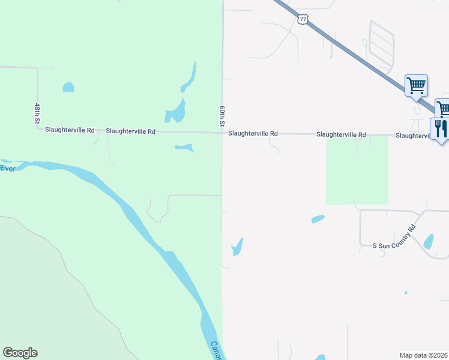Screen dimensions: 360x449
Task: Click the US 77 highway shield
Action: click(x=303, y=20)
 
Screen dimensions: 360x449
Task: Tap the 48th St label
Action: click(x=37, y=113)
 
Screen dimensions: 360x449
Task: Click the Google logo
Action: click(x=20, y=353)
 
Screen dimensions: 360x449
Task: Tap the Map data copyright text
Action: click(x=424, y=355)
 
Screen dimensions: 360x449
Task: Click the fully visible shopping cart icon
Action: click(x=416, y=85)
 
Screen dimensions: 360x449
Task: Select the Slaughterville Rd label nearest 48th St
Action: click(x=70, y=130)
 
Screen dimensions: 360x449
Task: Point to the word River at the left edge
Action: click(x=7, y=169)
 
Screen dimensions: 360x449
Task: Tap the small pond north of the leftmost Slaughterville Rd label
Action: click(x=68, y=88)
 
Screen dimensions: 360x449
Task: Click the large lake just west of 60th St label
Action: click(x=175, y=110)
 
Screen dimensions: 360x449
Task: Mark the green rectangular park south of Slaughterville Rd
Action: click(x=357, y=170)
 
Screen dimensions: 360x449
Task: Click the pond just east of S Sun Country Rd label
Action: click(x=429, y=241)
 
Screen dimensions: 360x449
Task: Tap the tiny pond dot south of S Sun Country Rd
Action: click(x=406, y=293)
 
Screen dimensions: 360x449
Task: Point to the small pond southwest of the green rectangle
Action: click(x=318, y=219)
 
